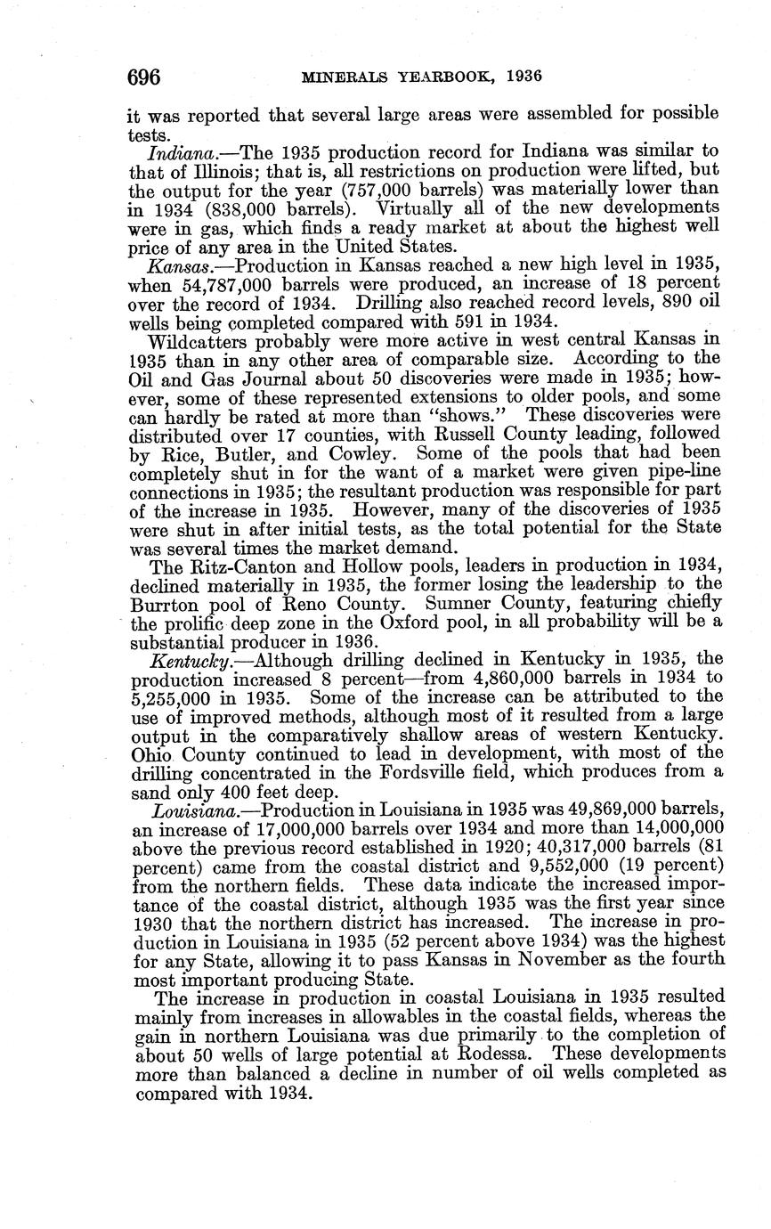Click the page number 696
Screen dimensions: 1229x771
point(143,77)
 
